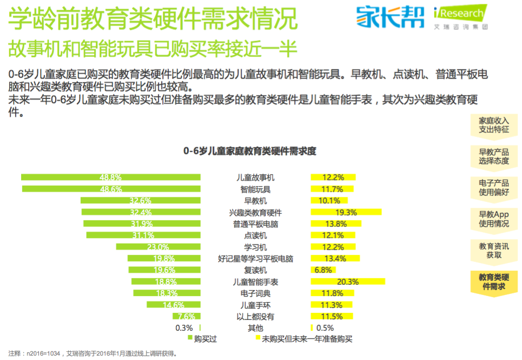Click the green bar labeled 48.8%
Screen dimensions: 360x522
click(111, 177)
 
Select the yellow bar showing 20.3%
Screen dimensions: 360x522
click(348, 282)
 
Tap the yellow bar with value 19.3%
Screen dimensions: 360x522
click(346, 212)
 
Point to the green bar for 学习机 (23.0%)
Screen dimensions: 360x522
click(158, 247)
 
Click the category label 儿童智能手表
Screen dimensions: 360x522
click(255, 282)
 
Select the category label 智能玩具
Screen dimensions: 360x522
click(255, 189)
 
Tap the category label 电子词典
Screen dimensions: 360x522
click(255, 293)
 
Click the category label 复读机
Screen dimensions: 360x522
click(255, 270)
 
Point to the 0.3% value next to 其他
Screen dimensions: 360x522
click(184, 328)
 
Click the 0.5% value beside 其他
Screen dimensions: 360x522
click(325, 328)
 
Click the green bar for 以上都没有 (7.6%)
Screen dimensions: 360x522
click(186, 316)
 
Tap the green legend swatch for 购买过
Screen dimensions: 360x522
click(190, 339)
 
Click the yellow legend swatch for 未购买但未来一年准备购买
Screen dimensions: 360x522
click(258, 339)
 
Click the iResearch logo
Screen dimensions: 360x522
click(461, 16)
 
